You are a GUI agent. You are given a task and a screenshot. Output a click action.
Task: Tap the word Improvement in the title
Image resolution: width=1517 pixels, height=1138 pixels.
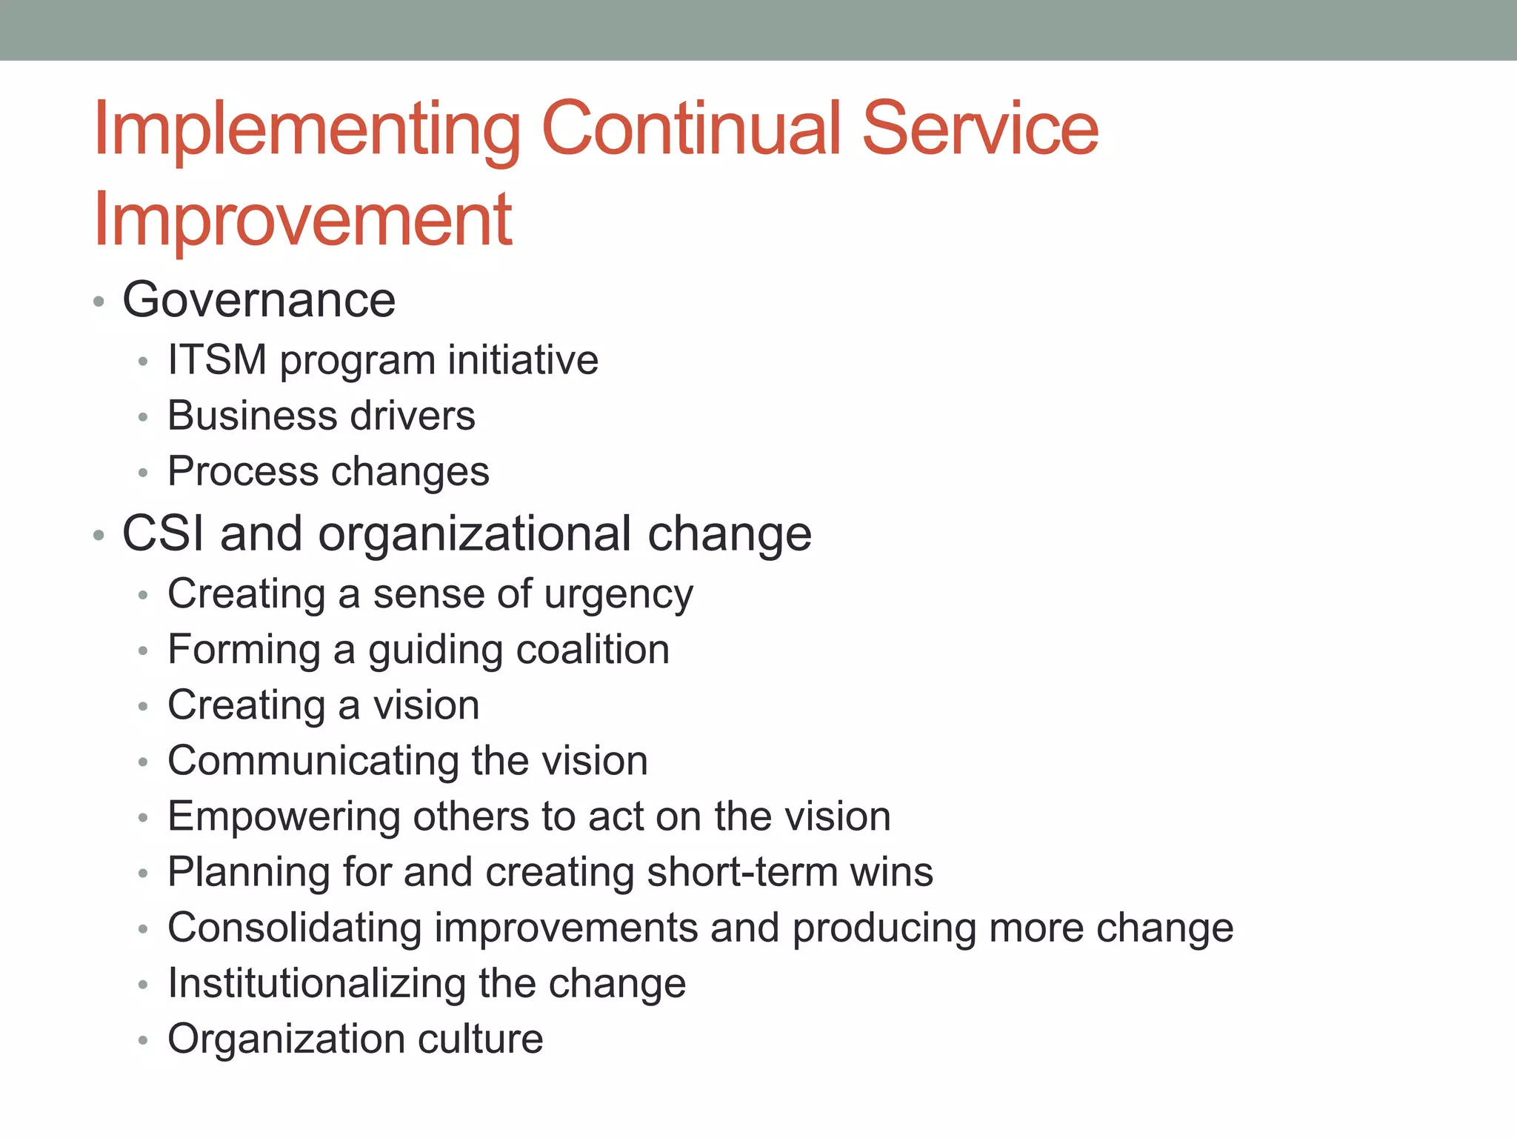(x=302, y=219)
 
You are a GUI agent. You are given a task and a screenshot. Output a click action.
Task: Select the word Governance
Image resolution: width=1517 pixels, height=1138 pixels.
(x=259, y=300)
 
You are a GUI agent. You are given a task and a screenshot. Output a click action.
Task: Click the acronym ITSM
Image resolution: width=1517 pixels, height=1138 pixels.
(x=216, y=360)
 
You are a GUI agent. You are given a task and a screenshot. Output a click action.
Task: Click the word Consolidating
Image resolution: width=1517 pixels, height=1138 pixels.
(x=294, y=928)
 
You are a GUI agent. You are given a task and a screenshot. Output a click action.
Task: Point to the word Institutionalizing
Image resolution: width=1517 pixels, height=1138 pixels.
(x=316, y=984)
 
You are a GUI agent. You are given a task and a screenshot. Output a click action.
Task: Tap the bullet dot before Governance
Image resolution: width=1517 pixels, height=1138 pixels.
(x=99, y=302)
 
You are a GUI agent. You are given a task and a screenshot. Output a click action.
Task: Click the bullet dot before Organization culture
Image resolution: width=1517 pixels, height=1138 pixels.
(x=144, y=1040)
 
